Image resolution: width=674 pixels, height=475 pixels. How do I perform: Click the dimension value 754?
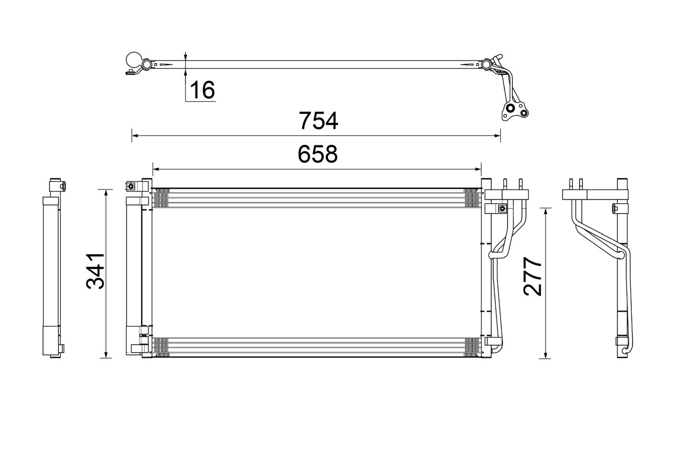[318, 121]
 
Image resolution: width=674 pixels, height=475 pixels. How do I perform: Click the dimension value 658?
[317, 154]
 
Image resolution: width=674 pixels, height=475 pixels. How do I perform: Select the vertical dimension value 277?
[532, 276]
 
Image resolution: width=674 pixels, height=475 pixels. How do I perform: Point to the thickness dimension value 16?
[202, 90]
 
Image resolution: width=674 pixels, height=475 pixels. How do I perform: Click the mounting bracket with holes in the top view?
[512, 111]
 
